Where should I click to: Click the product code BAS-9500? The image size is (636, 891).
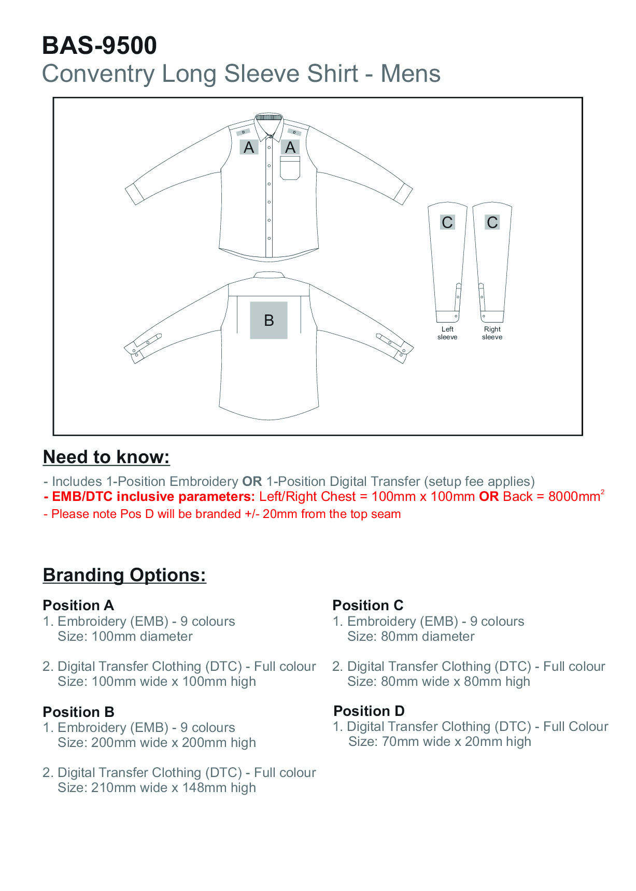click(x=99, y=46)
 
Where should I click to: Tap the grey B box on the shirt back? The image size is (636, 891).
click(x=268, y=320)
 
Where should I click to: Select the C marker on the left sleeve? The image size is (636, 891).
click(x=447, y=222)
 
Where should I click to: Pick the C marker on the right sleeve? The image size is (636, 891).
click(x=492, y=222)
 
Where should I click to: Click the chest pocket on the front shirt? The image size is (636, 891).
click(x=290, y=168)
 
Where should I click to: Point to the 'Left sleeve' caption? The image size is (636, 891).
click(x=447, y=333)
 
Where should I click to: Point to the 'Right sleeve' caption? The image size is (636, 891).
click(x=492, y=333)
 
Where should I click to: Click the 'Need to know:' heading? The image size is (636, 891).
click(x=106, y=457)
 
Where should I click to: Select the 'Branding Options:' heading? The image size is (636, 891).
click(x=124, y=575)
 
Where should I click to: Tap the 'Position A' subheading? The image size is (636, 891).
click(x=78, y=605)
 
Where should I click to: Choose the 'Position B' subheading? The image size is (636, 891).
click(x=78, y=712)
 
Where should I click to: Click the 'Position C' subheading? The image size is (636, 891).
click(x=368, y=605)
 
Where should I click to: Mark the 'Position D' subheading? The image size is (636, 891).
click(x=369, y=711)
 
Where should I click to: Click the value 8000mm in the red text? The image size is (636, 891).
click(x=574, y=497)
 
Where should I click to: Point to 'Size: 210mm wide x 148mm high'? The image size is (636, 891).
click(x=157, y=787)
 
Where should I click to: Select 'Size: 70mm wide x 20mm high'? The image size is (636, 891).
click(x=440, y=741)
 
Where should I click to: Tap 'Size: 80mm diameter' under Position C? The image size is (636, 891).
click(x=411, y=636)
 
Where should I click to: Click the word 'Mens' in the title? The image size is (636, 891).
click(x=411, y=74)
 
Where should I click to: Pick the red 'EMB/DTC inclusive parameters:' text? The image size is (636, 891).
click(x=153, y=497)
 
